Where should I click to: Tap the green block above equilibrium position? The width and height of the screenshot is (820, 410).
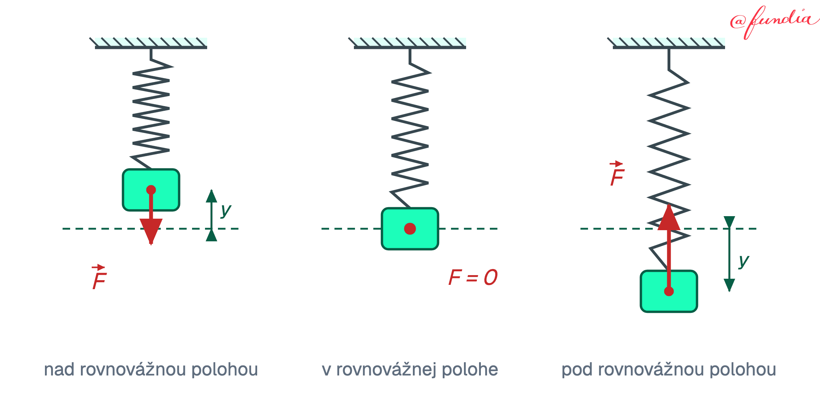coord(151,190)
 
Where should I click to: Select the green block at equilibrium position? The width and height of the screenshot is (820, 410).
coord(410,228)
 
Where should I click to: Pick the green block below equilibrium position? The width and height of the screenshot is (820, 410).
coord(669,291)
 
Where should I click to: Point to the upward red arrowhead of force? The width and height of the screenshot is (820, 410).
coord(669,217)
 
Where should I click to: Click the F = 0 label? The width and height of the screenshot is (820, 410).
coord(473,277)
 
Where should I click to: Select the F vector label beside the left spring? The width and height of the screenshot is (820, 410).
coord(99,277)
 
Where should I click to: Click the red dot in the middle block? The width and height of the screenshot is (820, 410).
coord(410,228)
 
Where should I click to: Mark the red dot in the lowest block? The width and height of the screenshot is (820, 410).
coord(669,291)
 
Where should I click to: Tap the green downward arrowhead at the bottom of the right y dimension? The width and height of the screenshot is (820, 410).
coord(729,285)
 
